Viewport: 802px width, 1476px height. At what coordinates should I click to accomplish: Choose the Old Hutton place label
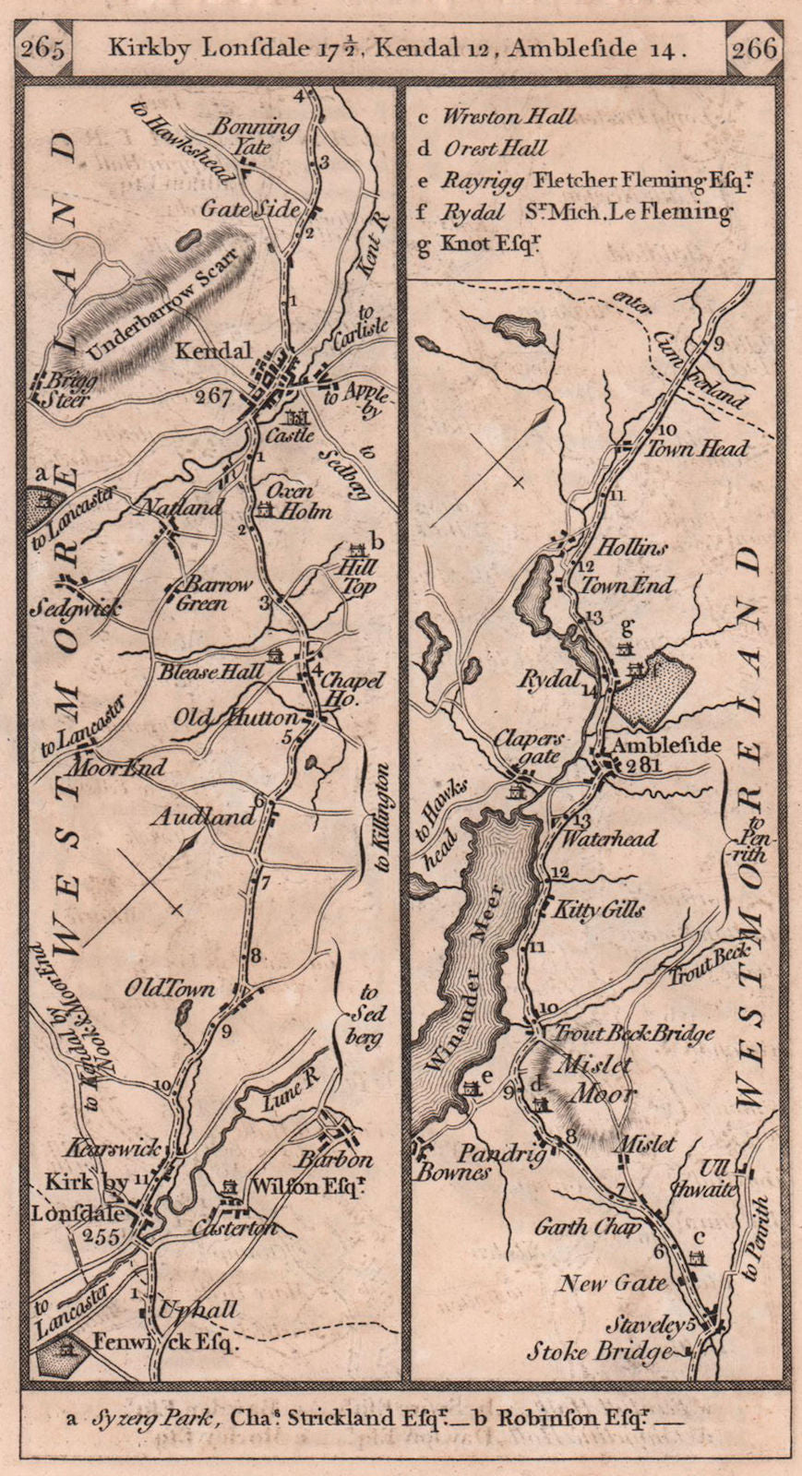coord(250,718)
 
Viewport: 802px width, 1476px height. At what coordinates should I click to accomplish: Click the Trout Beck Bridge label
coord(634,1033)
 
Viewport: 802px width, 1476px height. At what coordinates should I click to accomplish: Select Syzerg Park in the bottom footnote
coord(141,1422)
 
